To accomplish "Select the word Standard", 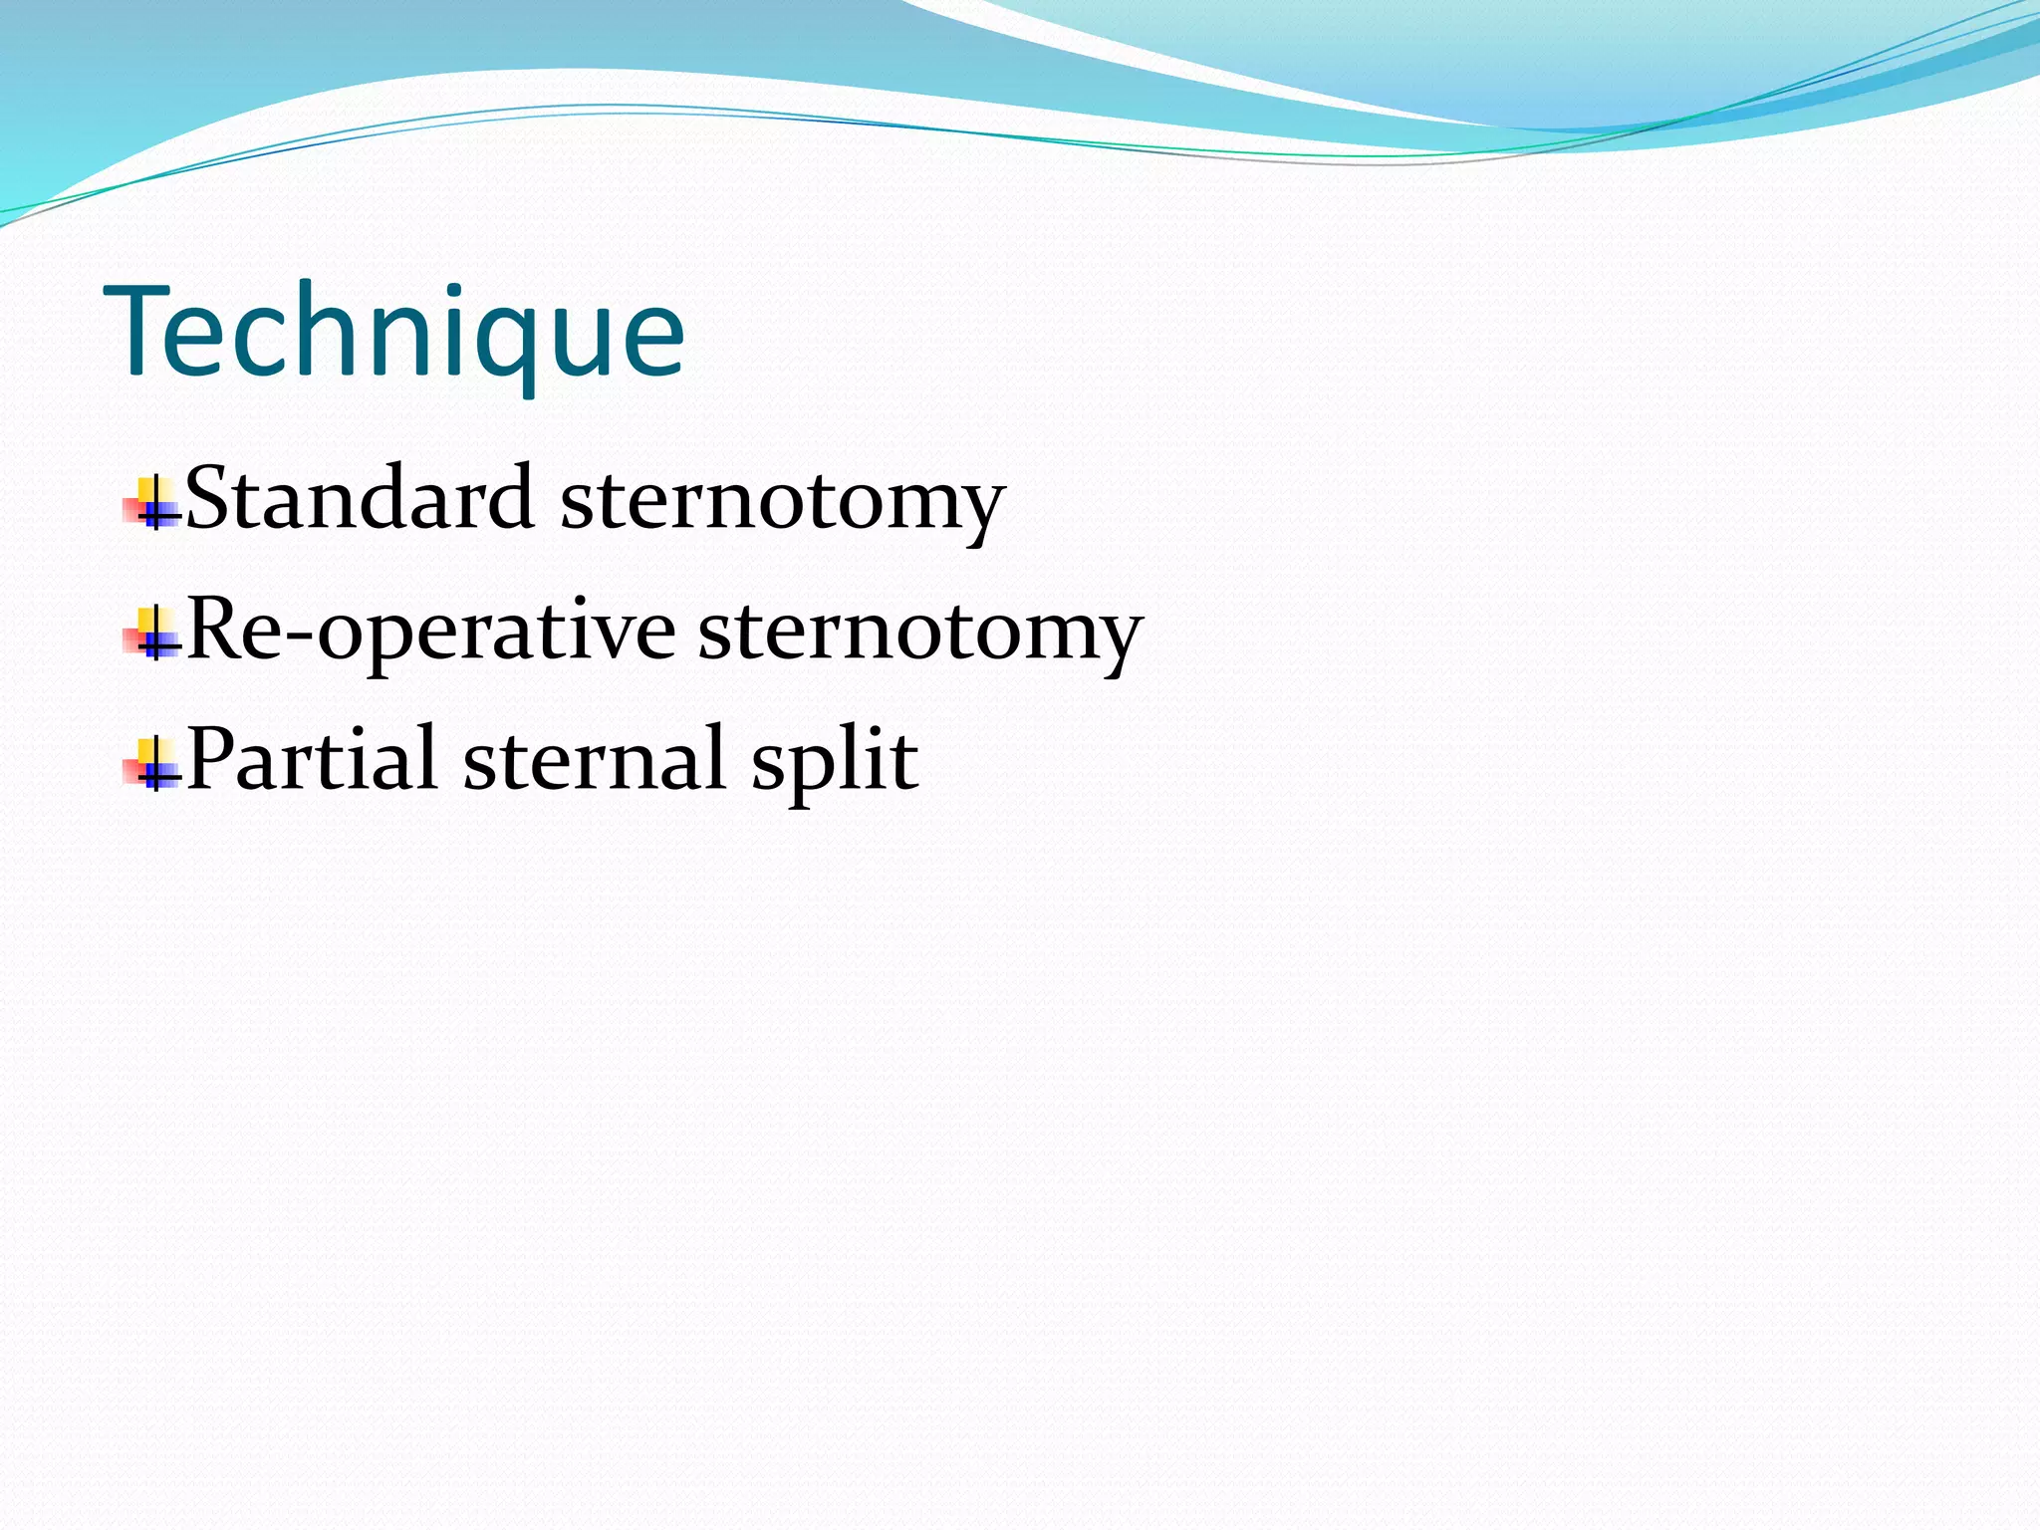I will (360, 498).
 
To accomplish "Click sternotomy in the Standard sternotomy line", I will (783, 502).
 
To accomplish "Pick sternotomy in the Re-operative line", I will (920, 634).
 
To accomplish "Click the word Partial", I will (312, 759).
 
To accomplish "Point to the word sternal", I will (594, 759).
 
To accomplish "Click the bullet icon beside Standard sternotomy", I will (152, 504).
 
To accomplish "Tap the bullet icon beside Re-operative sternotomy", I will (152, 634).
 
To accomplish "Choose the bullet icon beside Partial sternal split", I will (152, 765).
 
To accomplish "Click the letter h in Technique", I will (331, 329).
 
